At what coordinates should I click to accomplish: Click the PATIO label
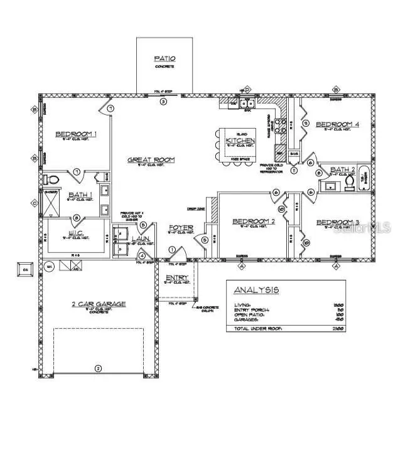coord(165,59)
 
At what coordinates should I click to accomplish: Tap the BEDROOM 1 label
coord(76,134)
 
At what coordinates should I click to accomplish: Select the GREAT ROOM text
coord(151,160)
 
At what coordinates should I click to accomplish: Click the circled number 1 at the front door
coord(173,250)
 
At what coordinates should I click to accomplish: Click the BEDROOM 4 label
coord(337,125)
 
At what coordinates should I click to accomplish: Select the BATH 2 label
coord(342,170)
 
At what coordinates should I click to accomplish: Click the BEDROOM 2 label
coord(254,222)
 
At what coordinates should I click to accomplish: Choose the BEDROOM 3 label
coord(337,223)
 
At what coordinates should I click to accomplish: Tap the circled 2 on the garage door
coord(97,368)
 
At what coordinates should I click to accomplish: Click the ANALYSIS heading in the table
coord(256,291)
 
